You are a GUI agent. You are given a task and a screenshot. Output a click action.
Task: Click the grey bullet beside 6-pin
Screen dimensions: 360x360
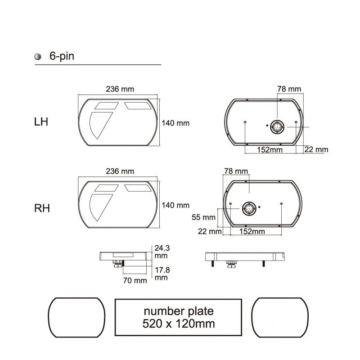(38, 57)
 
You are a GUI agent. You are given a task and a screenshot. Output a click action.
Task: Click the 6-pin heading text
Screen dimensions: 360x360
(62, 56)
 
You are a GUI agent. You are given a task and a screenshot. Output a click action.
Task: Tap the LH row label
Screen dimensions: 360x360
(41, 121)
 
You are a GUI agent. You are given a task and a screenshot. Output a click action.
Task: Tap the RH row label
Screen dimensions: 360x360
(42, 208)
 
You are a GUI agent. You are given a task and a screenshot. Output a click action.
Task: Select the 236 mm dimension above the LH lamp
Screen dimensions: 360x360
(120, 89)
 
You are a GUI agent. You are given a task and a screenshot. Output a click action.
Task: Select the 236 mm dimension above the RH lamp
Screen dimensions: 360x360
(120, 171)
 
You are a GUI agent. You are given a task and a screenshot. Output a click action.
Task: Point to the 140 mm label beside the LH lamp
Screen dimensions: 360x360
(175, 123)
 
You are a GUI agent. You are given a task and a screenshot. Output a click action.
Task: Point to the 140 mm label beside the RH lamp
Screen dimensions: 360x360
(175, 205)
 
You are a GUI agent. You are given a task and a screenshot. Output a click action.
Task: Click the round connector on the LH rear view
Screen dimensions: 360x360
(277, 127)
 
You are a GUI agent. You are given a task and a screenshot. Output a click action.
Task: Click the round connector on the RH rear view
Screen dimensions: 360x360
(249, 209)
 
